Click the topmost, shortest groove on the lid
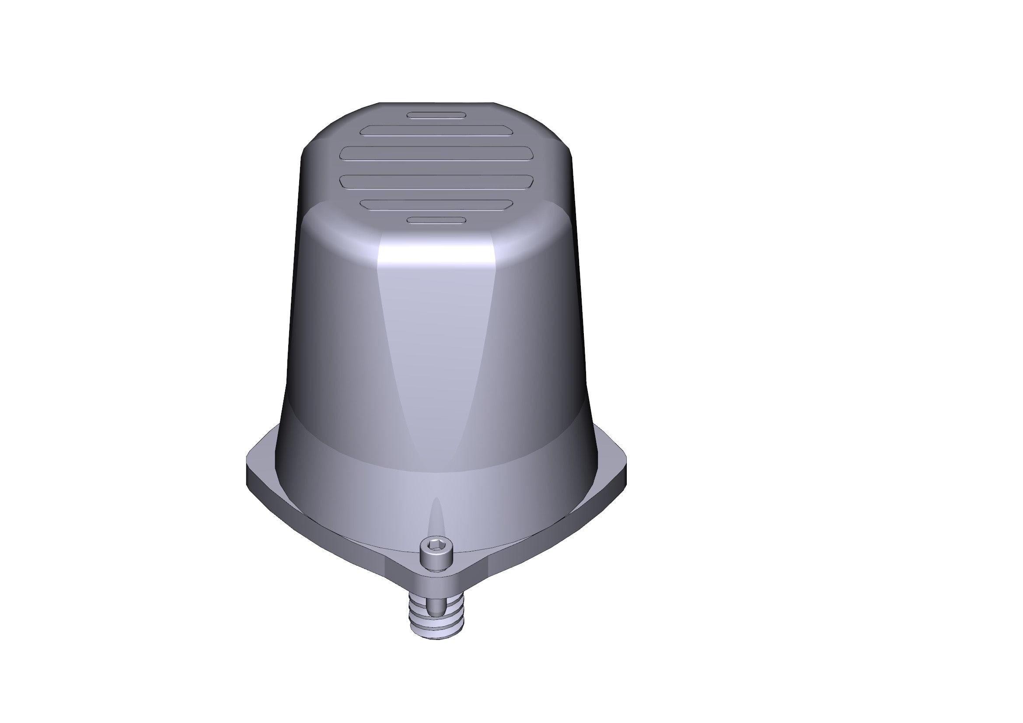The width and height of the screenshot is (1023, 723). coord(436,115)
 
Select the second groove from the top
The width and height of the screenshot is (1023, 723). coord(436,130)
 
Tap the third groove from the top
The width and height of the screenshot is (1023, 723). coord(436,153)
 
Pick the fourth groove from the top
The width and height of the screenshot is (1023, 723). coord(436,181)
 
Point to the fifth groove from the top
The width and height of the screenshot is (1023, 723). coord(436,204)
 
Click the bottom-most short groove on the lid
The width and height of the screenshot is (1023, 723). coord(436,220)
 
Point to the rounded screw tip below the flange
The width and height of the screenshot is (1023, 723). coord(436,607)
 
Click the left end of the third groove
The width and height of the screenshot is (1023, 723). coord(346,153)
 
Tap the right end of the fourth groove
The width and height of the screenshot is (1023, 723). coord(528,181)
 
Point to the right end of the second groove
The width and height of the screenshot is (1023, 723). coord(508,130)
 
